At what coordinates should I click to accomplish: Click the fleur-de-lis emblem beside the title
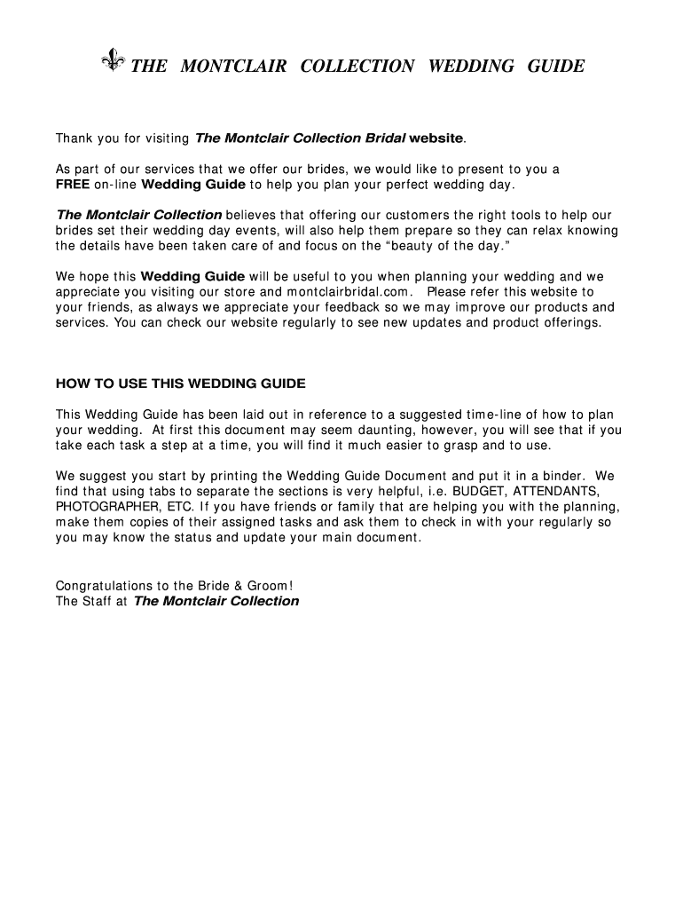113,62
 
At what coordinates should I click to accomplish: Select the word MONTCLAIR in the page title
233,67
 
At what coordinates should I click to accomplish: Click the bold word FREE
73,185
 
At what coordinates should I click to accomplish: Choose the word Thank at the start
76,138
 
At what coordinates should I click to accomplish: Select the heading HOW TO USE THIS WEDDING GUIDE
181,383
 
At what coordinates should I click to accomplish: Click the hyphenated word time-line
488,415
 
